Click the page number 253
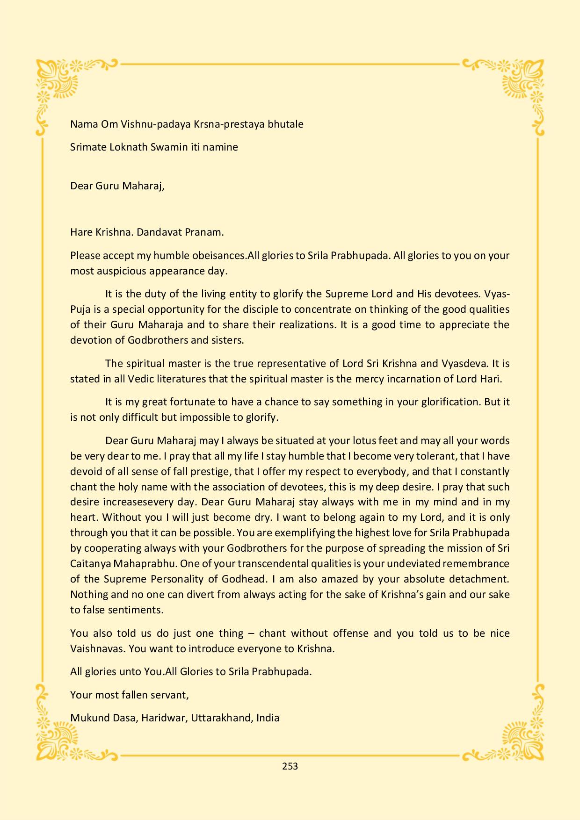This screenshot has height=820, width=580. coord(290,766)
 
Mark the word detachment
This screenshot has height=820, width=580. coord(478,579)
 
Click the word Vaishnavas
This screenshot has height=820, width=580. coord(98,649)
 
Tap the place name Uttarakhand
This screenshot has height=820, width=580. coord(222,718)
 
